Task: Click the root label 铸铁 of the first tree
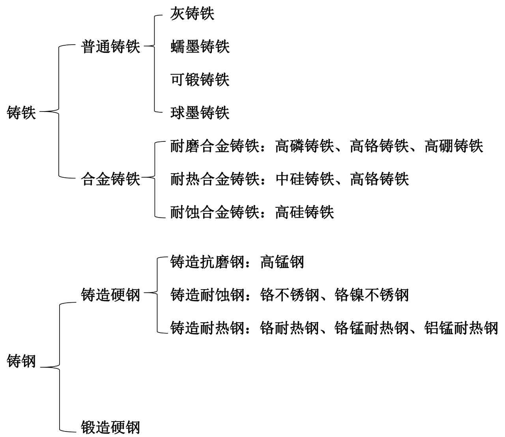pos(21,113)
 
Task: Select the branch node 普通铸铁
pos(110,46)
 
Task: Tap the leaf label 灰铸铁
pos(193,14)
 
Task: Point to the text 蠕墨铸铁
pos(200,46)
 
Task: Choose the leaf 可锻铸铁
pos(200,80)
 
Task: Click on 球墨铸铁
pos(200,113)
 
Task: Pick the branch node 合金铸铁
pos(110,179)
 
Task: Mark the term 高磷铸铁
pos(305,146)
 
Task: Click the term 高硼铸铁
pos(454,146)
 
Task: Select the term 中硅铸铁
pos(305,179)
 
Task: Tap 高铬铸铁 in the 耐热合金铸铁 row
pos(379,179)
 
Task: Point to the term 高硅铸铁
pos(305,212)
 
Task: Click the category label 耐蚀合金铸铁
pos(215,212)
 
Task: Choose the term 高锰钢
pos(282,262)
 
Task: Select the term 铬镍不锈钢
pos(372,295)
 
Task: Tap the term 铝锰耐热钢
pos(461,328)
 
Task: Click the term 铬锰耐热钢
pos(372,328)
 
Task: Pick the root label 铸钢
pos(21,361)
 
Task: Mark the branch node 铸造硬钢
pos(110,295)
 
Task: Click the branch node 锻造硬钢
pos(110,428)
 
